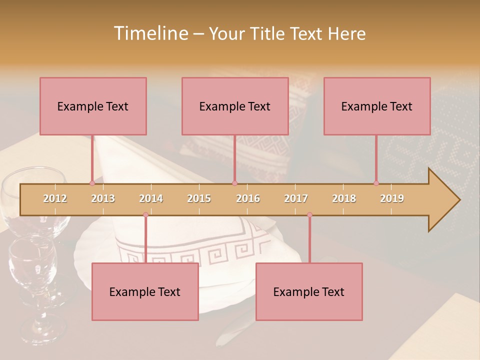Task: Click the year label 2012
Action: point(55,198)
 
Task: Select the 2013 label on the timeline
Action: point(103,198)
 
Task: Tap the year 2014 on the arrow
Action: point(151,198)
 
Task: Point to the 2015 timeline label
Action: point(199,198)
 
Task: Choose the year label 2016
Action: point(248,198)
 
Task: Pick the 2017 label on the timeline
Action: point(296,198)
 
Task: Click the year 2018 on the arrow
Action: point(344,198)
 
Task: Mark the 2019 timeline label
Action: point(392,198)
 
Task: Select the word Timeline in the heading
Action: point(149,33)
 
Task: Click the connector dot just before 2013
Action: point(92,183)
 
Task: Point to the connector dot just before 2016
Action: point(234,183)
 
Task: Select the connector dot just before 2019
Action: point(376,183)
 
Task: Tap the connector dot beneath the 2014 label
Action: point(145,214)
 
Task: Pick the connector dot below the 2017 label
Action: point(309,214)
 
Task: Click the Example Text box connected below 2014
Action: point(145,291)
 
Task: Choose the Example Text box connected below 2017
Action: point(309,291)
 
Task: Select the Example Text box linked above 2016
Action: point(235,106)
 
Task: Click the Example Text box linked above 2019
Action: point(377,106)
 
